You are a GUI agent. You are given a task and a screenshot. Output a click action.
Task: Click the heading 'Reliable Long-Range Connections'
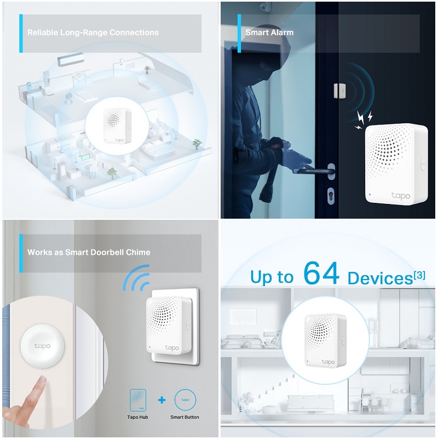pyautogui.click(x=93, y=32)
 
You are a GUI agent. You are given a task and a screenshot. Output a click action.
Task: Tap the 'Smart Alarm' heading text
pyautogui.click(x=269, y=32)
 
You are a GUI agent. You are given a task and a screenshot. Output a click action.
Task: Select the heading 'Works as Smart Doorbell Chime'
pyautogui.click(x=89, y=252)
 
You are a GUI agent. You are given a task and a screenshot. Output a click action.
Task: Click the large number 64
pyautogui.click(x=321, y=273)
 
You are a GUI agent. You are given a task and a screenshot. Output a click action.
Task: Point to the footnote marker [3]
pyautogui.click(x=419, y=276)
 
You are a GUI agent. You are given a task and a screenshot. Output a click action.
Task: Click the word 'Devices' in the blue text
pyautogui.click(x=380, y=278)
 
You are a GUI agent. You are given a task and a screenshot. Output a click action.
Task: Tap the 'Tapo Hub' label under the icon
pyautogui.click(x=137, y=417)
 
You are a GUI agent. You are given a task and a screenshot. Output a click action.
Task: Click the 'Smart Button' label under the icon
pyautogui.click(x=185, y=417)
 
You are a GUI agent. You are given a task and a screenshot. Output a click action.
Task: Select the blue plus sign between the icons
pyautogui.click(x=162, y=400)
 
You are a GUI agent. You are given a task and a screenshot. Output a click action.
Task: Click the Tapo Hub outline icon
pyautogui.click(x=138, y=400)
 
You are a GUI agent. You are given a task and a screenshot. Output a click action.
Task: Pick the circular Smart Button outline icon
pyautogui.click(x=185, y=400)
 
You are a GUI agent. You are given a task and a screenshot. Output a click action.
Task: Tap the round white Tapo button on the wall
pyautogui.click(x=43, y=346)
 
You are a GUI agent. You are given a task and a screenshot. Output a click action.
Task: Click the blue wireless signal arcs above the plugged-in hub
pyautogui.click(x=137, y=278)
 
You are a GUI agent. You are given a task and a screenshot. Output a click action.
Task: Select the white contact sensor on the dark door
pyautogui.click(x=339, y=91)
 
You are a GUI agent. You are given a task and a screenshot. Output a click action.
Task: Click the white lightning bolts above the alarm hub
pyautogui.click(x=364, y=119)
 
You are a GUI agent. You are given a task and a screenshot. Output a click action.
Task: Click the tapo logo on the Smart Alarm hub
pyautogui.click(x=401, y=196)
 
